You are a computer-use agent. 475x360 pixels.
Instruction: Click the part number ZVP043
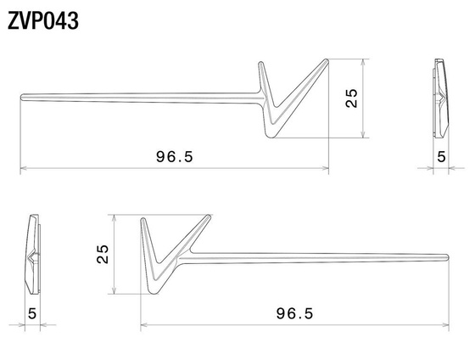click(x=43, y=21)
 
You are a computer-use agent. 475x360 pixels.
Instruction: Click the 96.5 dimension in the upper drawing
click(x=175, y=157)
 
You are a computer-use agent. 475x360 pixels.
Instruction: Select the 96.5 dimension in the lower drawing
click(x=294, y=313)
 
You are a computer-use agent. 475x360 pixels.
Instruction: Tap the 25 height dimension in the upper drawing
click(x=351, y=98)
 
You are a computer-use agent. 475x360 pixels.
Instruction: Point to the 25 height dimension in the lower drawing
click(x=103, y=254)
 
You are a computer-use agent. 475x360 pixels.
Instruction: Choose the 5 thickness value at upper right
click(x=441, y=157)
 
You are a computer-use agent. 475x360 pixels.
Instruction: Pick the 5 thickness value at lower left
click(x=32, y=313)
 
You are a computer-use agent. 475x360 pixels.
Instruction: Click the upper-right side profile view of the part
click(x=441, y=98)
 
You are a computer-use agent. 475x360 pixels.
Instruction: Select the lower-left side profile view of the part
click(x=32, y=254)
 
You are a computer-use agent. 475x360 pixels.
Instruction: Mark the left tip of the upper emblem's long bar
click(x=21, y=97)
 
